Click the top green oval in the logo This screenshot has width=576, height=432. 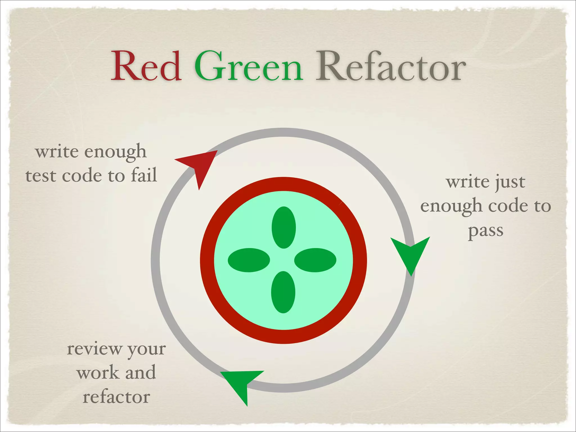(x=283, y=228)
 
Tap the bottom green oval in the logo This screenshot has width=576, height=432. (x=283, y=292)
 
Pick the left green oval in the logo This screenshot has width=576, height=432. (x=249, y=260)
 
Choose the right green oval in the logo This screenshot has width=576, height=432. (x=315, y=260)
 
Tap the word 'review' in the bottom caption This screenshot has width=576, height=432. (x=94, y=349)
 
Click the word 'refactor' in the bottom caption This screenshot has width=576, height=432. (x=116, y=397)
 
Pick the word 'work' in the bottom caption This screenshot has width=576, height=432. (x=98, y=373)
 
